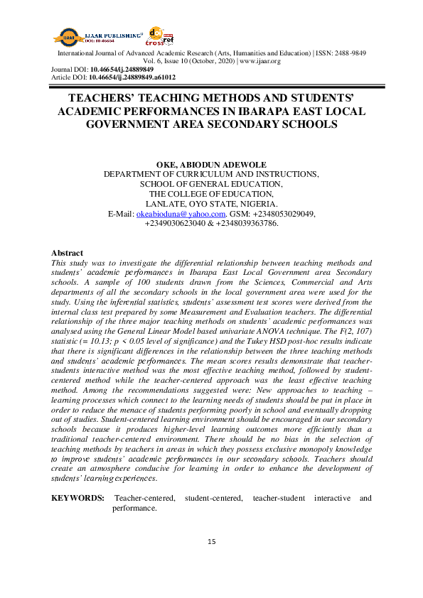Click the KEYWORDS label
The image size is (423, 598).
pyautogui.click(x=78, y=499)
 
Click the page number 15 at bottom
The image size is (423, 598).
pyautogui.click(x=211, y=543)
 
